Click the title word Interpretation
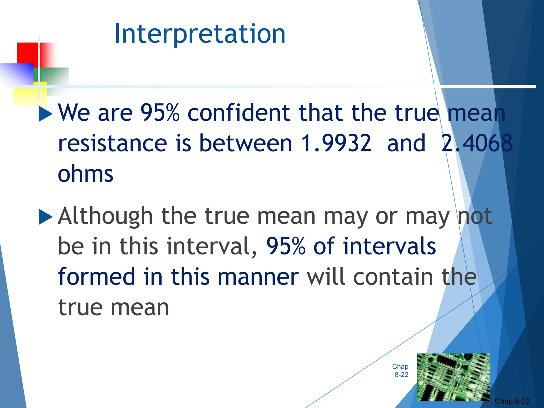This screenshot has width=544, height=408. pyautogui.click(x=200, y=34)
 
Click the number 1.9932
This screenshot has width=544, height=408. pyautogui.click(x=336, y=143)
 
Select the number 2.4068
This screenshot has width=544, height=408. pyautogui.click(x=476, y=143)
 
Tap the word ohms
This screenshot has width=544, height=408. pyautogui.click(x=86, y=174)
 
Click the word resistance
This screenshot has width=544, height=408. pyautogui.click(x=112, y=143)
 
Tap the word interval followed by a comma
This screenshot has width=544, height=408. pyautogui.click(x=211, y=246)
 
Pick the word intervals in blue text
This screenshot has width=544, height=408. pyautogui.click(x=389, y=246)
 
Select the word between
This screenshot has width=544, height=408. pyautogui.click(x=246, y=143)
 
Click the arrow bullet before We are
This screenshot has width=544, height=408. pyautogui.click(x=45, y=114)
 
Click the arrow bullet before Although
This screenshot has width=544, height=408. pyautogui.click(x=45, y=217)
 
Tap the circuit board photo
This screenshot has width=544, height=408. pyautogui.click(x=453, y=377)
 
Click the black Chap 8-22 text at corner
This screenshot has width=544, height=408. pyautogui.click(x=512, y=401)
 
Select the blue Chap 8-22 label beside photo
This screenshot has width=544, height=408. pyautogui.click(x=401, y=371)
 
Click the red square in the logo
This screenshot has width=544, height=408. pyautogui.click(x=28, y=53)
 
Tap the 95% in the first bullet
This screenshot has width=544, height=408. pyautogui.click(x=160, y=113)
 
